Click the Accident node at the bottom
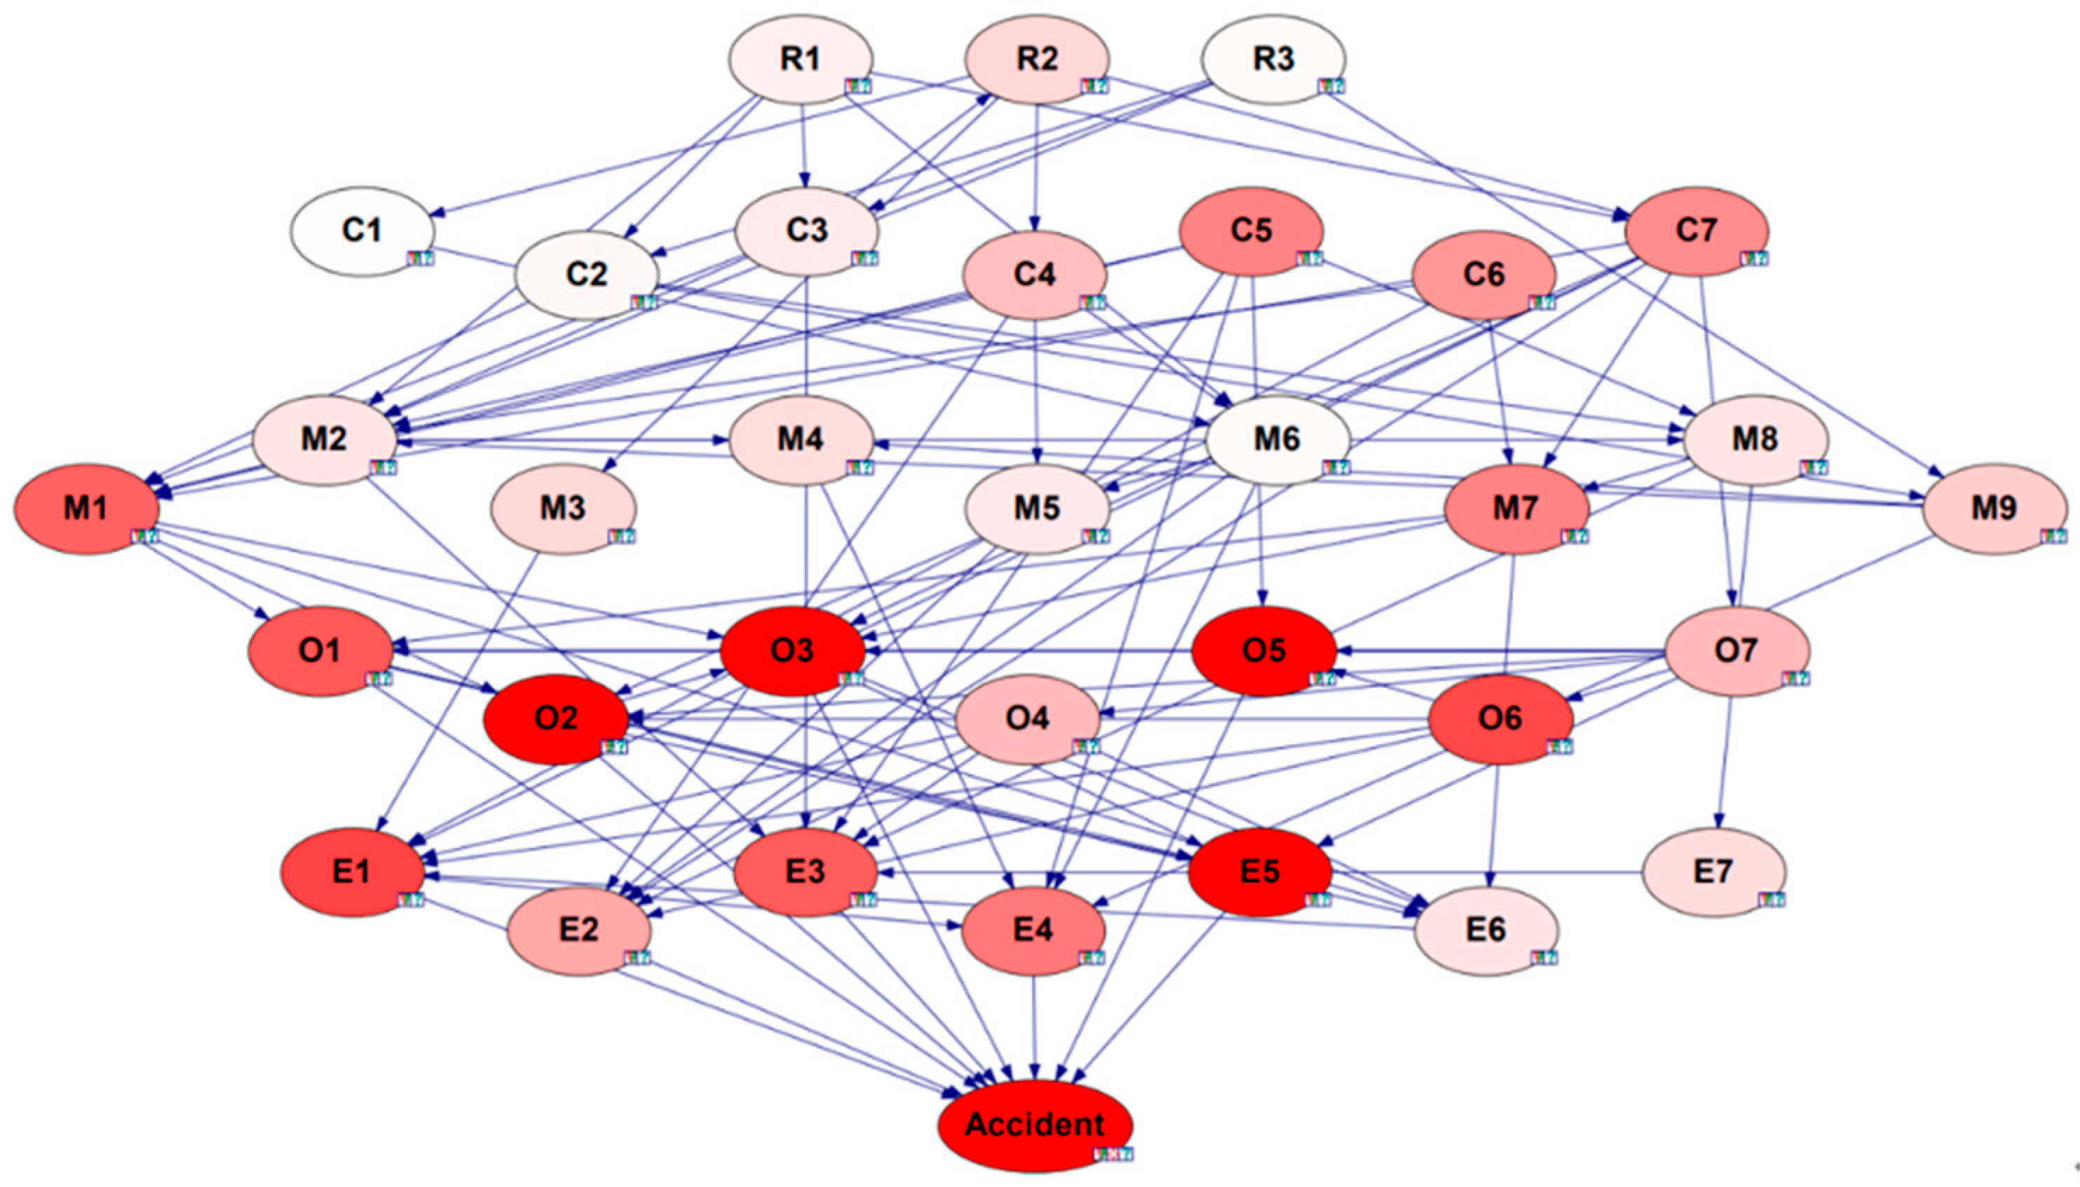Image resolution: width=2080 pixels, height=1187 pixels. (1035, 1125)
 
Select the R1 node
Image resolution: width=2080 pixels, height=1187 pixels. (801, 60)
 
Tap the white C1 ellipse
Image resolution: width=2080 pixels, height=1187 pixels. (362, 231)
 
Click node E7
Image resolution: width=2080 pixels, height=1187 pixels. (1713, 872)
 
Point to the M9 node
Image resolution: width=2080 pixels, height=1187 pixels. (1994, 509)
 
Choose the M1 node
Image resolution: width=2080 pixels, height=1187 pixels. (86, 509)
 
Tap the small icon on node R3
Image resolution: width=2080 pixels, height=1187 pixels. (1331, 85)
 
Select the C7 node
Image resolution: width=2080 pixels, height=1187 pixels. (1696, 231)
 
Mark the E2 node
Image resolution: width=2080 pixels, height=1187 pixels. (579, 931)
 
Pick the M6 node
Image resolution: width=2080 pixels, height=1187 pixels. (1277, 439)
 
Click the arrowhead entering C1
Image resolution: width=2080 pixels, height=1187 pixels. (437, 215)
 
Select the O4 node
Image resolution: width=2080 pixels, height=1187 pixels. (1027, 719)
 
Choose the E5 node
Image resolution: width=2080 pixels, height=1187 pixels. (1260, 872)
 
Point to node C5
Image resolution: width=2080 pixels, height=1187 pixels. (1251, 231)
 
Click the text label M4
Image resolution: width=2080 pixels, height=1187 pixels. (800, 439)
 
